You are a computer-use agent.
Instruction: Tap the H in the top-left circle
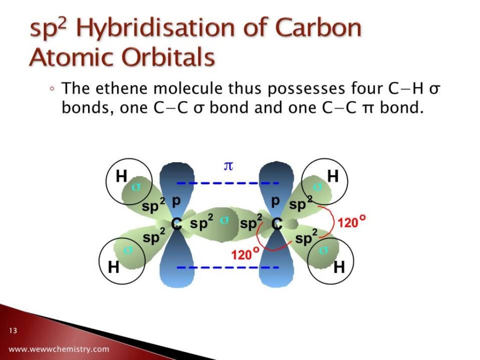122,177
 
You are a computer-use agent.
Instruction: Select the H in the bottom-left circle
113,267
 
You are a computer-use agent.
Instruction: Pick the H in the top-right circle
333,176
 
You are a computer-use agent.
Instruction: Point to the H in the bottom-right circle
339,267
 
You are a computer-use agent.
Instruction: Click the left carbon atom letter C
176,225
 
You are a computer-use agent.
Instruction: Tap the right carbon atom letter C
277,225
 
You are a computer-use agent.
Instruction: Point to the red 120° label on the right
351,223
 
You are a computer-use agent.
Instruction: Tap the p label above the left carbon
176,201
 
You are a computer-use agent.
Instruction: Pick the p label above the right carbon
276,201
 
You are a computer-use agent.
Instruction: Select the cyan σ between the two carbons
224,221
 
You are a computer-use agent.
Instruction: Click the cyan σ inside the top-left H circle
136,187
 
